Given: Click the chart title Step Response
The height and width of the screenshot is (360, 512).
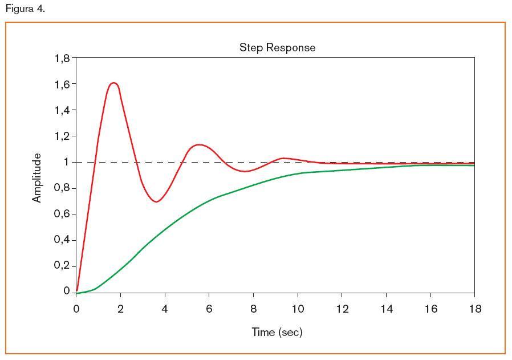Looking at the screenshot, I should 277,47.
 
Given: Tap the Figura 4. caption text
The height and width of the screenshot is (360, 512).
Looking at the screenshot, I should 25,9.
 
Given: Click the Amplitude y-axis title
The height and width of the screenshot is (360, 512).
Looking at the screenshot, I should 37,177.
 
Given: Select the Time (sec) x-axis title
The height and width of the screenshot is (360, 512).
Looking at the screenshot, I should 277,332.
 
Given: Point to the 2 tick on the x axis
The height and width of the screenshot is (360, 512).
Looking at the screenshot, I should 120,309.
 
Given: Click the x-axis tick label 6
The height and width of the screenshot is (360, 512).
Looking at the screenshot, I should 209,309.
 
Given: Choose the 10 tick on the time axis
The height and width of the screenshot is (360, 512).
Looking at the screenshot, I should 298,309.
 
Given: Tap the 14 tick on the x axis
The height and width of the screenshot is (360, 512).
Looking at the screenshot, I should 386,309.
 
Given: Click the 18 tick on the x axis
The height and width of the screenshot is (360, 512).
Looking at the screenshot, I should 474,309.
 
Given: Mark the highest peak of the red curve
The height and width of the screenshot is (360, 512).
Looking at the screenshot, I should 113,83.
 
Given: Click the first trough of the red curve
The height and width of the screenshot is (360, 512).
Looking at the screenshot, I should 156,201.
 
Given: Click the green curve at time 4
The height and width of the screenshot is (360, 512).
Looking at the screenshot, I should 165,230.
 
